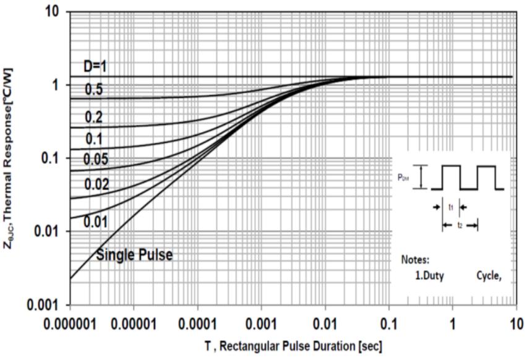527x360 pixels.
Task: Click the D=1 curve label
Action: click(x=97, y=66)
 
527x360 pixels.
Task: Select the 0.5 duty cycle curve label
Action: click(x=95, y=90)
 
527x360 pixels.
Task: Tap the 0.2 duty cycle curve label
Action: click(x=95, y=118)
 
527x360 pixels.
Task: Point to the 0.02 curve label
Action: click(x=97, y=184)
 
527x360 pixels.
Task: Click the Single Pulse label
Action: click(x=134, y=254)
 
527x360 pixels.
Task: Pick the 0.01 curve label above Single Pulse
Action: click(x=97, y=221)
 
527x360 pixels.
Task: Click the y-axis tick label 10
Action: click(x=51, y=12)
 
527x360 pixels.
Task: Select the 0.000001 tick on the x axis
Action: click(x=71, y=324)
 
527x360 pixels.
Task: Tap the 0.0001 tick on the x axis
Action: click(x=197, y=324)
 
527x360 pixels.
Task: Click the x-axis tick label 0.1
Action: click(x=388, y=324)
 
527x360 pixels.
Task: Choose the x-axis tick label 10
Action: click(x=516, y=324)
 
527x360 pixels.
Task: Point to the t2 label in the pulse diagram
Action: click(x=460, y=226)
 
